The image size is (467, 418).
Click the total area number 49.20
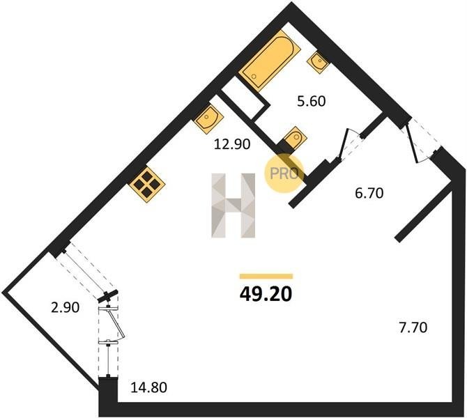(x=266, y=295)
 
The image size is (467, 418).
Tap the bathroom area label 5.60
(x=312, y=101)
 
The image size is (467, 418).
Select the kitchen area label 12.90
(x=232, y=145)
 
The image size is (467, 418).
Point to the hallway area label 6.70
(x=369, y=194)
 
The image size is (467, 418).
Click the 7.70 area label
(x=413, y=327)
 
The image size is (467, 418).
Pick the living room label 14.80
(x=149, y=387)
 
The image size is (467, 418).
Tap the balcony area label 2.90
(x=66, y=307)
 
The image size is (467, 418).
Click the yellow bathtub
(x=270, y=60)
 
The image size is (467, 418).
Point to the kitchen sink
(x=209, y=118)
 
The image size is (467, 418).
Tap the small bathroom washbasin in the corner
(x=317, y=62)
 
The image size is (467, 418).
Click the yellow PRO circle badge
(x=284, y=173)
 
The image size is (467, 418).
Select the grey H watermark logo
(x=233, y=206)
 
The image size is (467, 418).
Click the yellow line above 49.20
(x=266, y=277)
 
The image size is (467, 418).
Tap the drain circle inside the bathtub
(x=254, y=76)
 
